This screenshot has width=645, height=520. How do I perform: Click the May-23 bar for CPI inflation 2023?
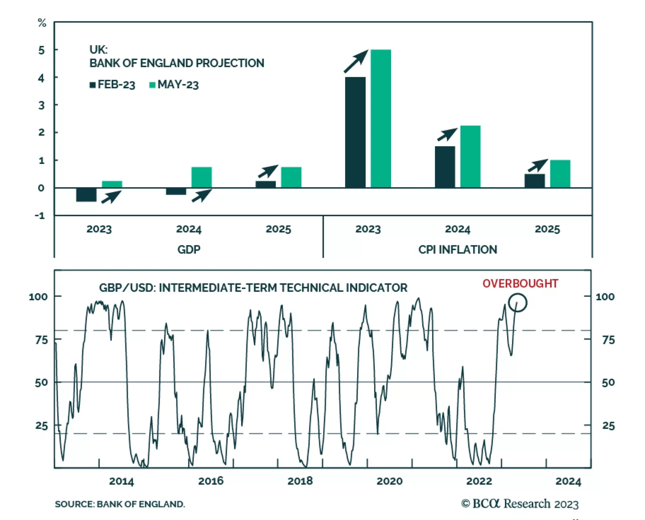coord(381,118)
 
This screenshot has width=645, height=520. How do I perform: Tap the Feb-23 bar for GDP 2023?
coord(86,195)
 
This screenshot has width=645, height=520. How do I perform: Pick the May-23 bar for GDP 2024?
coord(202,177)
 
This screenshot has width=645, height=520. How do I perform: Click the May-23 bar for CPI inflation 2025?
coord(560,174)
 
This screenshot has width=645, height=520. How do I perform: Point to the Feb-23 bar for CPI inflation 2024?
coord(445,167)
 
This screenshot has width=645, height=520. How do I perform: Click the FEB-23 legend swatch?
coord(93,85)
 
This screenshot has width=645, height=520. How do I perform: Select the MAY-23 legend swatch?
coord(152,85)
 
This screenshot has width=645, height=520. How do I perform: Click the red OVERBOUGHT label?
coord(520,284)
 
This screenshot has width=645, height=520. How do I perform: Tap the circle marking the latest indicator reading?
coord(518,302)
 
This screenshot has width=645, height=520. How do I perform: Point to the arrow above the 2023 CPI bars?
coord(356,61)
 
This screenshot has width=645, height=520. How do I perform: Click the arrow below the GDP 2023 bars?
coord(111,197)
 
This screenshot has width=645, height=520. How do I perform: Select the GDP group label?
coord(189,249)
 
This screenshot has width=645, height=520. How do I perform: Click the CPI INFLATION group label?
coord(458,249)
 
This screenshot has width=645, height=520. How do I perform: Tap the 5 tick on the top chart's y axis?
coord(42,50)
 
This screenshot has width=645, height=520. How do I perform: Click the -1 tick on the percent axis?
coord(40,215)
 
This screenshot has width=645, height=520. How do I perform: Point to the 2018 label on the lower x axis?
coord(300,481)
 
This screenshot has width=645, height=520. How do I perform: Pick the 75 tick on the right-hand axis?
coord(608,340)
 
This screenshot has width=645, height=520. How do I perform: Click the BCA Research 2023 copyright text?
coord(520,504)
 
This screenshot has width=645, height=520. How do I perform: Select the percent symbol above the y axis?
coord(42,23)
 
